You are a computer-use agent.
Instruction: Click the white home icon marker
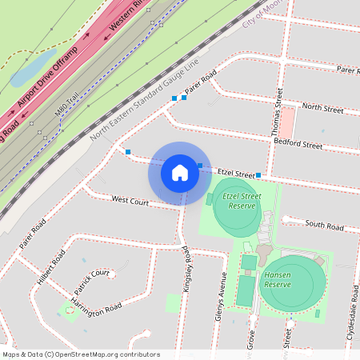pyautogui.click(x=180, y=172)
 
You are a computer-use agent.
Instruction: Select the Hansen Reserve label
pyautogui.click(x=278, y=280)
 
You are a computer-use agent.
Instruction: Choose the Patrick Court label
pyautogui.click(x=91, y=280)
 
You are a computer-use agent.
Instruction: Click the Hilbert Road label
pyautogui.click(x=50, y=271)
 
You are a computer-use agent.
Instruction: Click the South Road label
pyautogui.click(x=324, y=226)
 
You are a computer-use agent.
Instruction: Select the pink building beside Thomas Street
pyautogui.click(x=286, y=121)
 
